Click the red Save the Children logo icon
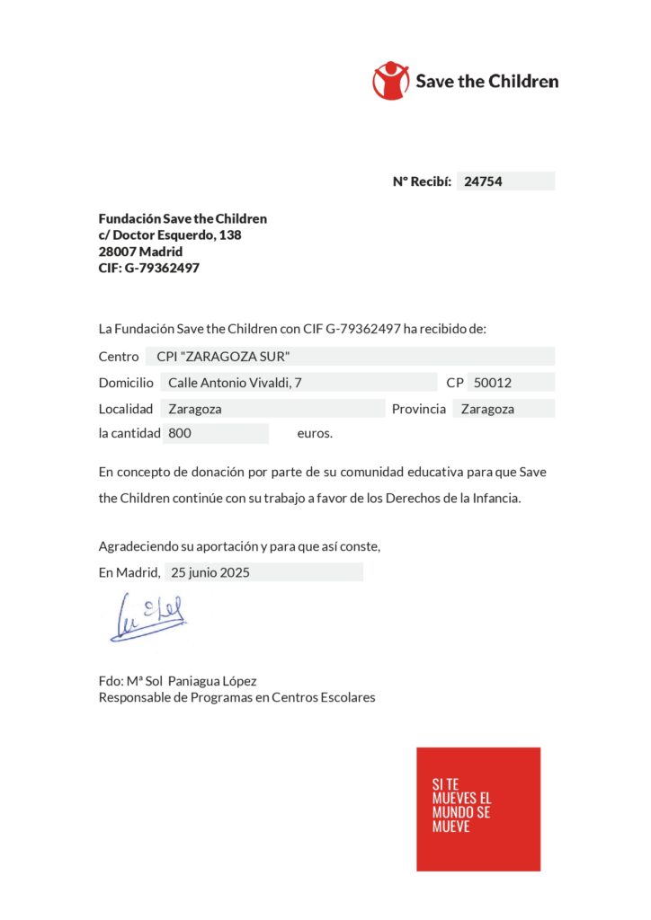click(391, 80)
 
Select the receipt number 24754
click(482, 181)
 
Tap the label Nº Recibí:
click(422, 181)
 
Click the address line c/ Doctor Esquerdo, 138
click(170, 235)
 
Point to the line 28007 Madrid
click(140, 252)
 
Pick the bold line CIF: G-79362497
click(149, 268)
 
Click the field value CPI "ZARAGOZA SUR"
click(223, 357)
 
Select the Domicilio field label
click(127, 383)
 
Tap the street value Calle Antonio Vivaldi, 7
click(236, 383)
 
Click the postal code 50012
click(493, 383)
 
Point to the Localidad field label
click(127, 409)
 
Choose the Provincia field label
click(419, 409)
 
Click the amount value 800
click(180, 433)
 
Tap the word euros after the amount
click(315, 434)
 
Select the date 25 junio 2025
click(210, 572)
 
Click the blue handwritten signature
click(149, 618)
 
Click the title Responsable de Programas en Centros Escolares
click(237, 697)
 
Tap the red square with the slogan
click(478, 809)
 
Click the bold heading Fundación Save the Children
click(183, 218)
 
